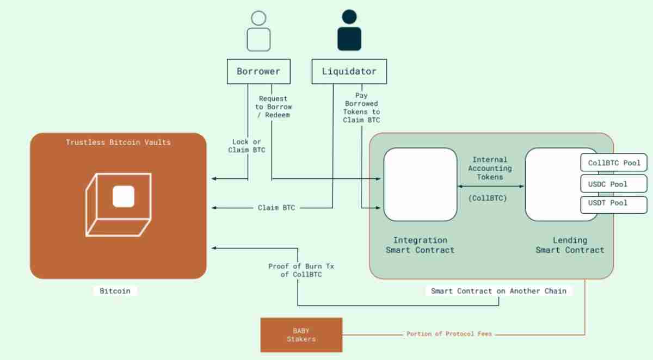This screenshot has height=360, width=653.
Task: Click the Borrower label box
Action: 258,72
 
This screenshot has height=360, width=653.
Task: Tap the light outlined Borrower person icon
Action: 258,32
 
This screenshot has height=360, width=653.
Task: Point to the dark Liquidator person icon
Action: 349,32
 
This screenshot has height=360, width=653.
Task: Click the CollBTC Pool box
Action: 614,163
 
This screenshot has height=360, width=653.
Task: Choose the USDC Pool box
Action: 614,184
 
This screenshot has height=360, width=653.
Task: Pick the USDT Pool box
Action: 614,203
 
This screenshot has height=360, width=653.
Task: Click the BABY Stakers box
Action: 301,334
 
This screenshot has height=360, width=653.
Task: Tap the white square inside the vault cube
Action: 124,196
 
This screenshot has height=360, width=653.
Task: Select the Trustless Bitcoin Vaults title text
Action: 118,142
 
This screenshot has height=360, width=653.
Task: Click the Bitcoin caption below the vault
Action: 115,291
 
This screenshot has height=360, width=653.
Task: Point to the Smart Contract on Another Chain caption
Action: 498,291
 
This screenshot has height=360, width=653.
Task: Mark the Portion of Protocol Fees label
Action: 449,334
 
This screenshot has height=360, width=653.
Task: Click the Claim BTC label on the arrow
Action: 276,208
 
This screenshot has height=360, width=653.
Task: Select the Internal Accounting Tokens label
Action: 490,169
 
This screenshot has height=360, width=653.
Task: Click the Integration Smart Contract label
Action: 420,245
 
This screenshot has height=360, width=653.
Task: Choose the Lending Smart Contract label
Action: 570,245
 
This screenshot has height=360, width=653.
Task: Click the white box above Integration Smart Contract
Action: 420,184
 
